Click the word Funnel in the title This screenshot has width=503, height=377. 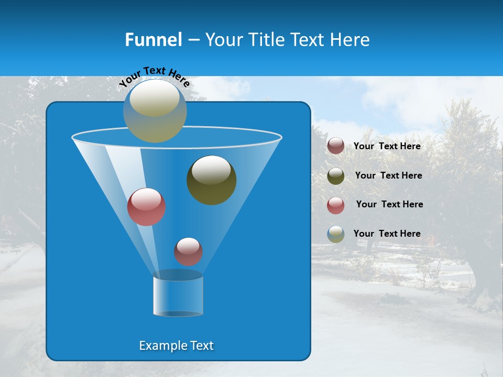point(153,40)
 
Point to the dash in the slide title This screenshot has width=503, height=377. point(193,40)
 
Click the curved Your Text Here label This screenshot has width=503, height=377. point(154,76)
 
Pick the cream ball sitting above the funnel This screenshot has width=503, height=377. point(155,111)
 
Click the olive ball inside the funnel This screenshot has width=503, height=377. point(212,180)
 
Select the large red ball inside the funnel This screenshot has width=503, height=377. point(147,207)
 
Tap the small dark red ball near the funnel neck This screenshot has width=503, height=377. point(188,251)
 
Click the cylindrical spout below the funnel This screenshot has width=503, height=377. point(178,296)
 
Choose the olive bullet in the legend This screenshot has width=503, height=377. point(336,176)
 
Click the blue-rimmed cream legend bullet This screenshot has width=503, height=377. point(336,234)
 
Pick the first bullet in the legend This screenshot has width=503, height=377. point(336,146)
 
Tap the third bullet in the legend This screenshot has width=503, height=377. point(336,205)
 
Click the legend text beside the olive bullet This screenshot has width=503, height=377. point(388,176)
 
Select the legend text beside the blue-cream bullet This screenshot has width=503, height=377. point(387,234)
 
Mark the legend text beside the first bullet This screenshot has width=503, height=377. point(387,147)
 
